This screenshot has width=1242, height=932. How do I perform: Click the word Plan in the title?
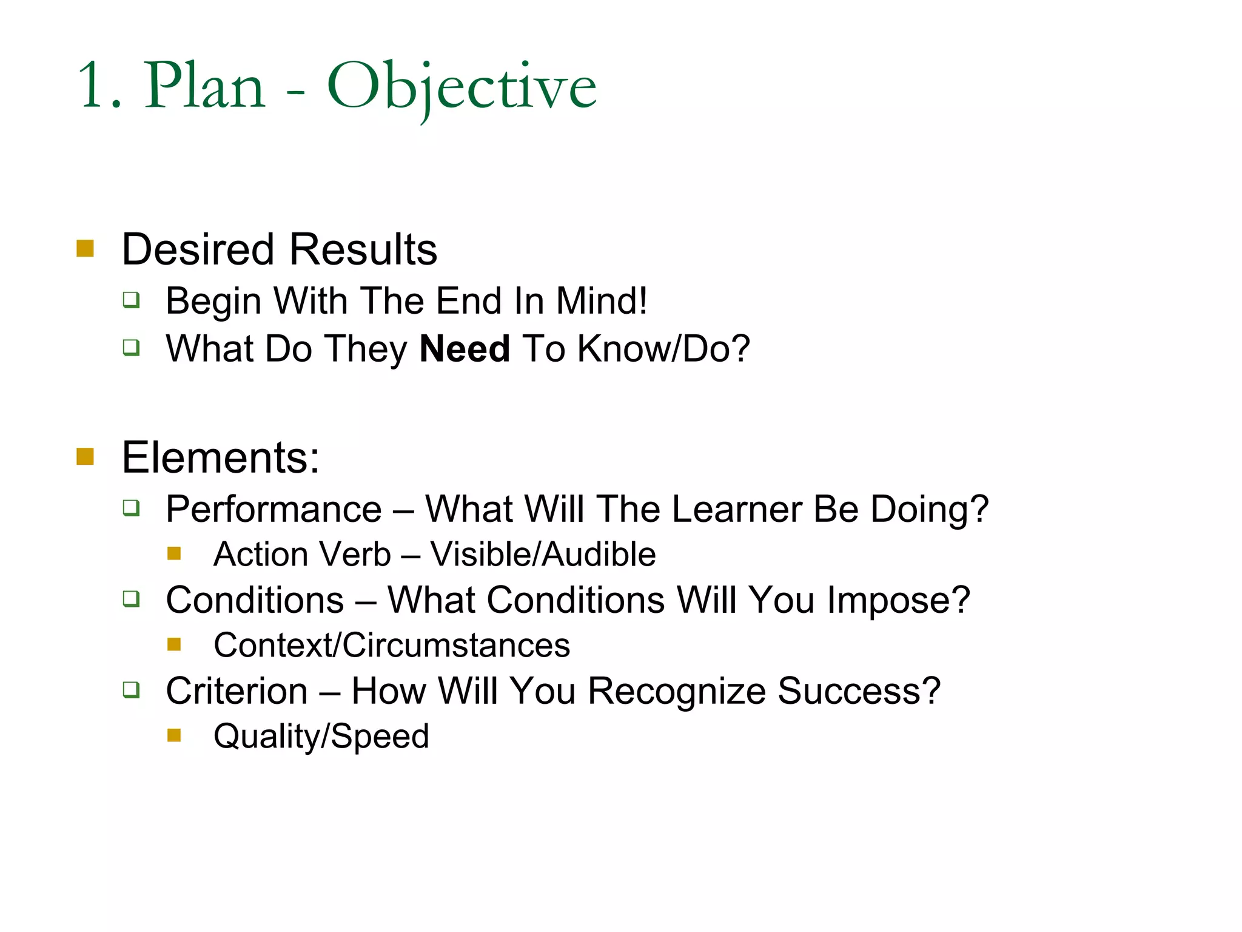205,86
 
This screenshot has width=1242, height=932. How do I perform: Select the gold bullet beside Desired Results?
86,249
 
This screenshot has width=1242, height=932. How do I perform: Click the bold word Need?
465,349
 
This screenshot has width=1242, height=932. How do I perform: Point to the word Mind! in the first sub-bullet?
602,301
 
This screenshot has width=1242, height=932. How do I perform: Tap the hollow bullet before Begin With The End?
131,300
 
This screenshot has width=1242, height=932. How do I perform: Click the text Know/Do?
663,349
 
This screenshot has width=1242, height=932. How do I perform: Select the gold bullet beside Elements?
86,456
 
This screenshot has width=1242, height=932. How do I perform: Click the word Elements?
220,458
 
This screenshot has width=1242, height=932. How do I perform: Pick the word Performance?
274,509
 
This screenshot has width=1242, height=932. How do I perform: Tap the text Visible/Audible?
543,555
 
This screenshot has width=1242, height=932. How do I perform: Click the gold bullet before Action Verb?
175,553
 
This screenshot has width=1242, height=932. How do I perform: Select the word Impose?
898,601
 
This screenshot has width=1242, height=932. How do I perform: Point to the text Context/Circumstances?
392,645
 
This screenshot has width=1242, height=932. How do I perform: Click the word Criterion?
237,691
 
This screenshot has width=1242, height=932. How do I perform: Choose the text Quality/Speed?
321,737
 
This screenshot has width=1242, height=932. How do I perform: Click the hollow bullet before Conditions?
131,599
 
